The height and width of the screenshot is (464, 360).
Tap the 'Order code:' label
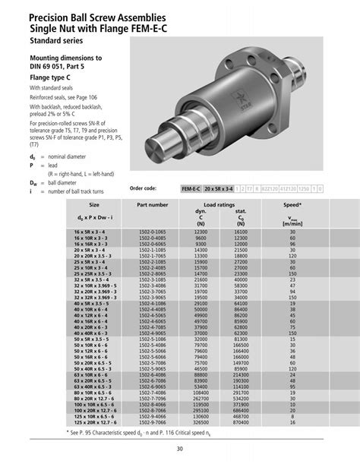click(143, 188)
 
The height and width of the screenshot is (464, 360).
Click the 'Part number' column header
click(153, 204)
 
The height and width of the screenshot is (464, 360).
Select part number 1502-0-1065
click(153, 230)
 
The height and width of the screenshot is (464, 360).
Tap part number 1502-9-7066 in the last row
click(153, 421)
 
